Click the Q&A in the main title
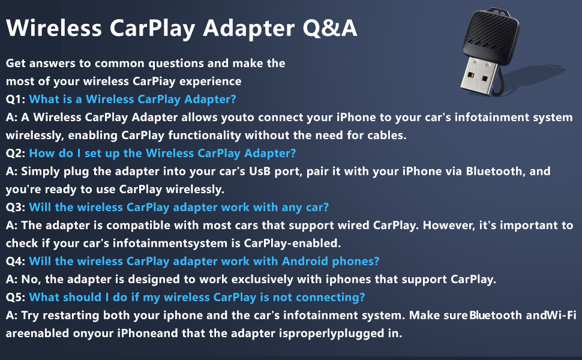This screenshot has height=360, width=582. [329, 28]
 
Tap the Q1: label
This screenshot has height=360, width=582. [16, 100]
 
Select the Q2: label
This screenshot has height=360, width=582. [16, 153]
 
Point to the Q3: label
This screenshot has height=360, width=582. [16, 207]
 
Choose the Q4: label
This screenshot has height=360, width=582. [16, 261]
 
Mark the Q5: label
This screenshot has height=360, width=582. [16, 297]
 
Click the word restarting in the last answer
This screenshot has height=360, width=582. [71, 316]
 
